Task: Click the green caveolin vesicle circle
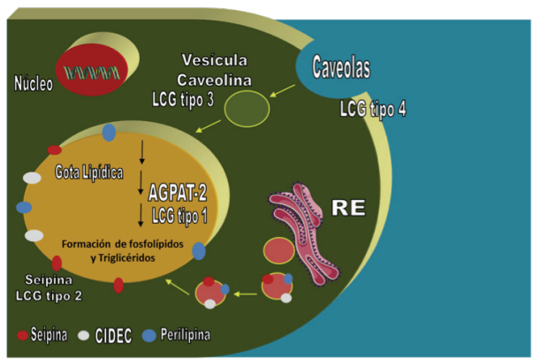coord(247,111)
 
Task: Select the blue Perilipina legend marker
coord(150,336)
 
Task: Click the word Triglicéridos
coord(140,257)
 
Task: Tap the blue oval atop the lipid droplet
coord(109,133)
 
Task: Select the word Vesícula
coord(211,60)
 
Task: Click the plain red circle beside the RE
coord(279,250)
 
